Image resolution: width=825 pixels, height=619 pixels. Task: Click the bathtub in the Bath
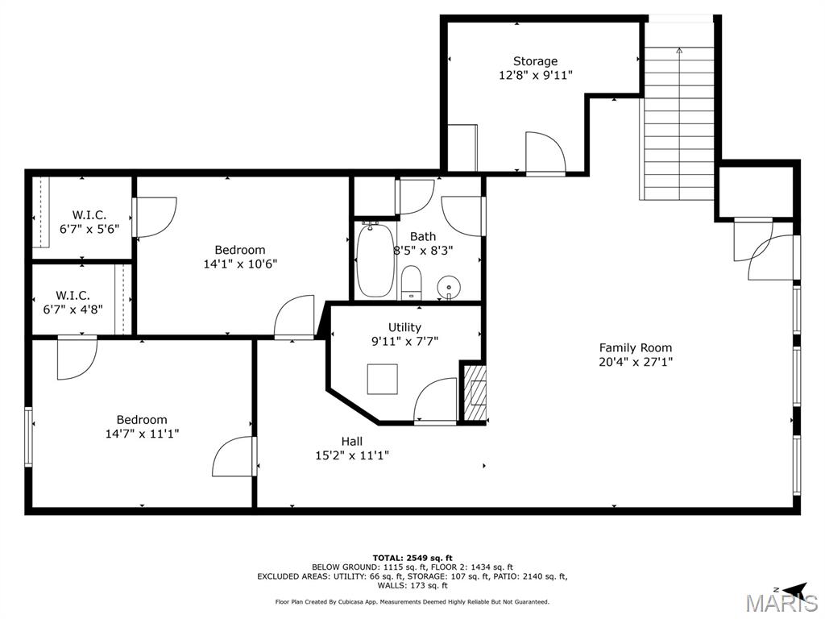pos(375,260)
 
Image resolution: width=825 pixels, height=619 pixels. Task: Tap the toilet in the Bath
pos(411,280)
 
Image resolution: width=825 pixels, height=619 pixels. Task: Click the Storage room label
pos(535,61)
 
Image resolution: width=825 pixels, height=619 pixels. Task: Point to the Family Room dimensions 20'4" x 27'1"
pos(635,362)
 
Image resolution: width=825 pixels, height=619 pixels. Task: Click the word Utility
pos(404,327)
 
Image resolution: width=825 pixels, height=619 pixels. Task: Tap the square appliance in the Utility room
pos(382,379)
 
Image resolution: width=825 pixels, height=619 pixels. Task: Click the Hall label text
pos(351,442)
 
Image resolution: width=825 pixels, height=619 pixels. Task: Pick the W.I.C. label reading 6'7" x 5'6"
pos(89,222)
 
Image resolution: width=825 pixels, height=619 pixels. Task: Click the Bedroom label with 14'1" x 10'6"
pos(239,256)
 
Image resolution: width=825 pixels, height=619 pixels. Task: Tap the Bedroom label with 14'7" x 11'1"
pos(142,426)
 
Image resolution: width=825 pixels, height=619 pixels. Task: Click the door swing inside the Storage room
pos(545,152)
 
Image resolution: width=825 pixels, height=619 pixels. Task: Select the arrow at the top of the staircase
pos(679,51)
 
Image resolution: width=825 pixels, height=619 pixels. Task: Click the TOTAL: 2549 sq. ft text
pos(412,558)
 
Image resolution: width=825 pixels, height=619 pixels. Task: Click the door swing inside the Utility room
pos(436,400)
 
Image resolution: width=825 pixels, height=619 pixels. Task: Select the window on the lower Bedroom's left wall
pos(28,437)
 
